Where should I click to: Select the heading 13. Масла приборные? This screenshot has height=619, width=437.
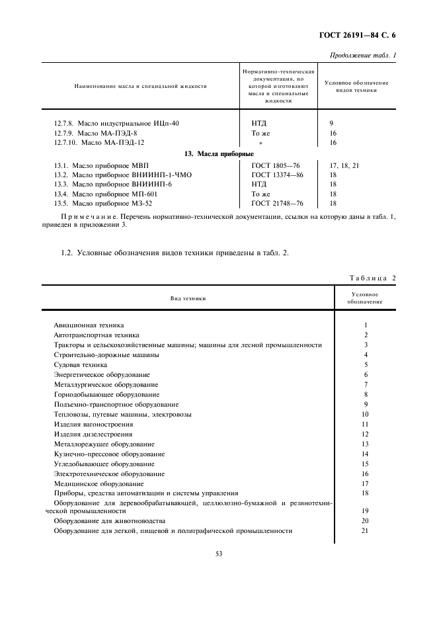tap(219, 153)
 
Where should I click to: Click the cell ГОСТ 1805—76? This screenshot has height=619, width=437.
tap(276, 165)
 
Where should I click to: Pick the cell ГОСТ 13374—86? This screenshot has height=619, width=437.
tap(277, 175)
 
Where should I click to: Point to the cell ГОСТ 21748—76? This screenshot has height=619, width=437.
tap(277, 204)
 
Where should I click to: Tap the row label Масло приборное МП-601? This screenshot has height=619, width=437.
tap(106, 194)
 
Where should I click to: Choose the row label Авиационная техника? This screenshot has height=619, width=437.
tap(89, 325)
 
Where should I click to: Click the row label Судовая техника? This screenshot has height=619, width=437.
tap(80, 364)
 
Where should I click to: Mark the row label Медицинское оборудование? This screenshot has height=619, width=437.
tap(99, 483)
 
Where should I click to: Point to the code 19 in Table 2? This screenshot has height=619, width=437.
tap(365, 511)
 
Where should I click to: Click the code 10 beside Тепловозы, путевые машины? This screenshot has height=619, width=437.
tap(365, 414)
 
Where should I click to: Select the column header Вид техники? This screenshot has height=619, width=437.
tap(188, 298)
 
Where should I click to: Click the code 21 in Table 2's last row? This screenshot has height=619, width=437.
tap(365, 531)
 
